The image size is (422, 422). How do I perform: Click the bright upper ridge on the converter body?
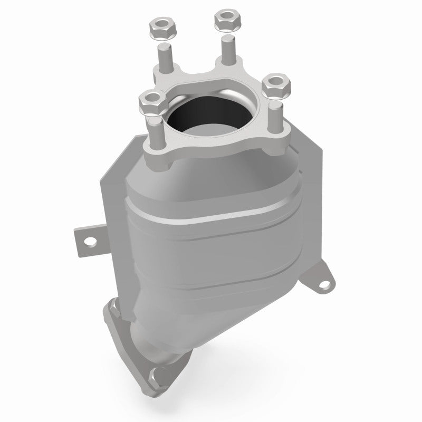tap(211, 211)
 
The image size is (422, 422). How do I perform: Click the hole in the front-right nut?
tap(275, 82)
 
